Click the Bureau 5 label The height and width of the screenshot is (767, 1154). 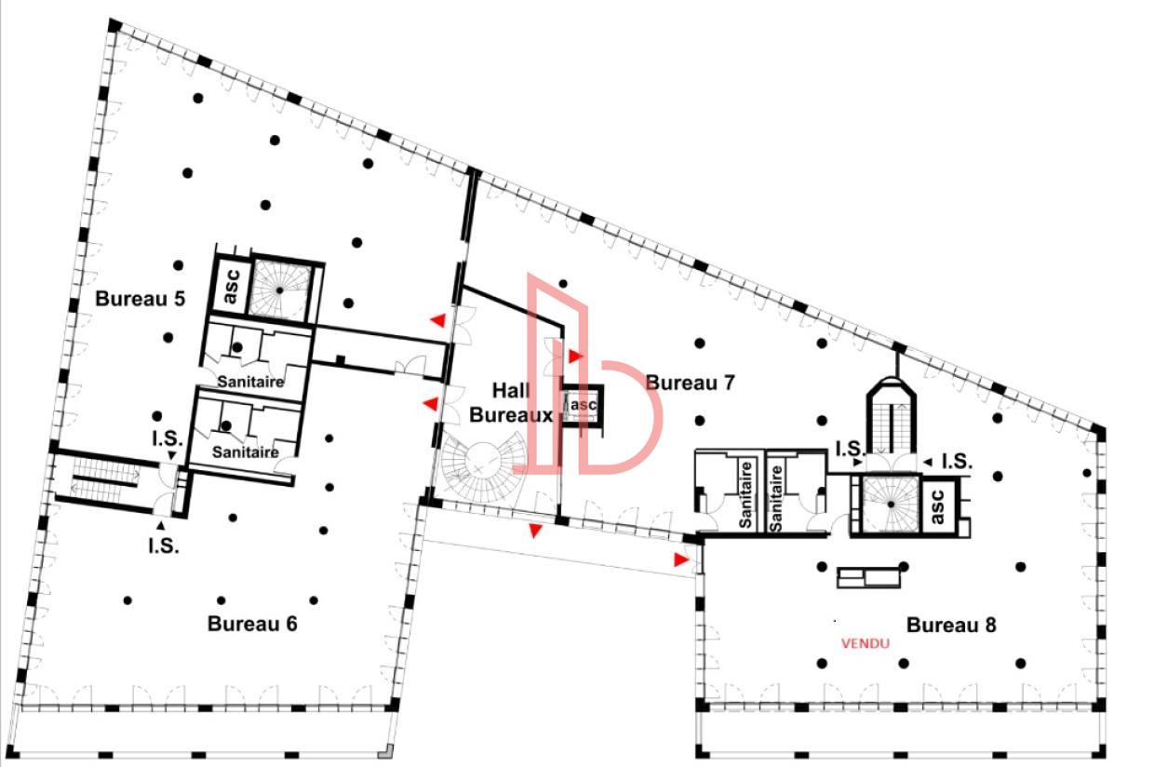click(141, 300)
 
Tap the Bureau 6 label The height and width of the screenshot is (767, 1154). click(252, 624)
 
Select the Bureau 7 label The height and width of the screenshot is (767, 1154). click(691, 383)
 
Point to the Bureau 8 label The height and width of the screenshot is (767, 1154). click(951, 626)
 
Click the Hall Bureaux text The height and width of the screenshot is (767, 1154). click(511, 403)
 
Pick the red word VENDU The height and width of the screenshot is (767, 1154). click(865, 643)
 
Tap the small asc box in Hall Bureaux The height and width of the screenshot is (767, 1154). click(583, 405)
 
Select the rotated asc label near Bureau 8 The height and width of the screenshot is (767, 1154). click(937, 506)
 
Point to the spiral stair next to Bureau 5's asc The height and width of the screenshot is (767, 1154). click(282, 289)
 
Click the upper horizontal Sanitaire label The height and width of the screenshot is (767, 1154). click(250, 382)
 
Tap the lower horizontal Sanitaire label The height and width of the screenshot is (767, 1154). click(246, 452)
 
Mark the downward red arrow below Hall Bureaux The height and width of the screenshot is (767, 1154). click(535, 531)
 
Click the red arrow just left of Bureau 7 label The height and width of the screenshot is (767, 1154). click(576, 357)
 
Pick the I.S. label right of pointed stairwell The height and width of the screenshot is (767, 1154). click(957, 461)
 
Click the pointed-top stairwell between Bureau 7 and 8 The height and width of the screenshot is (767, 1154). click(891, 419)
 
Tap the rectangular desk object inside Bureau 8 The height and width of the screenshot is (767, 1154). click(869, 578)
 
